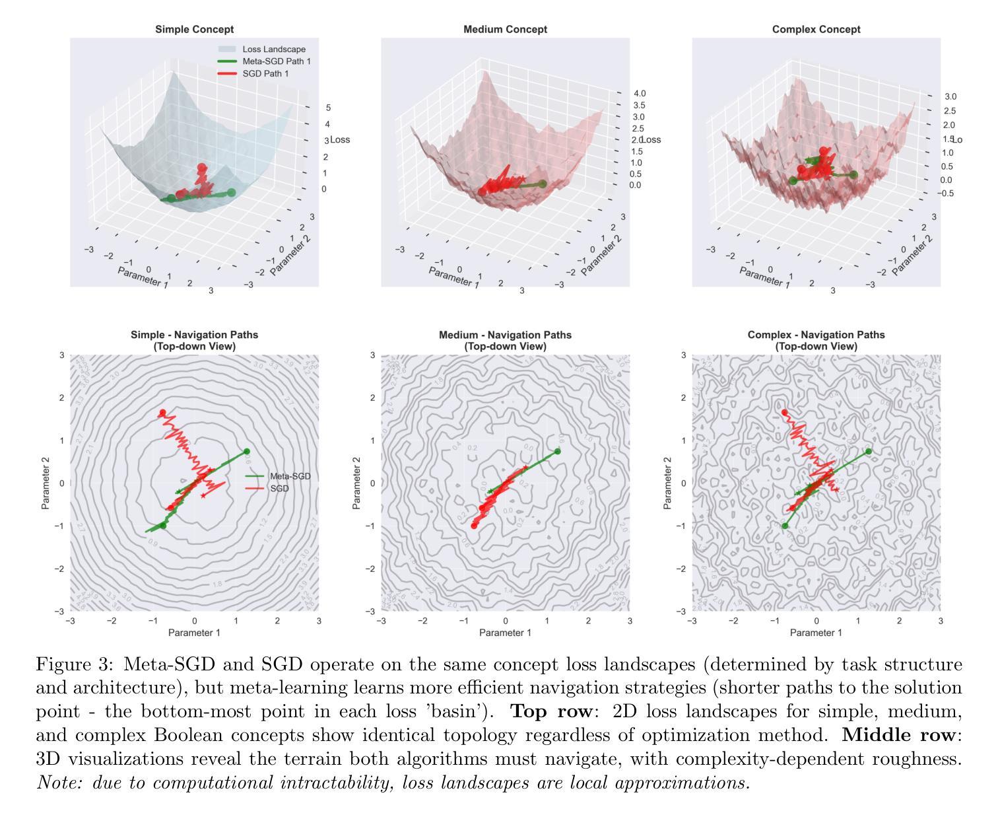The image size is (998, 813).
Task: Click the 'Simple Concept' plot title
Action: coord(194,30)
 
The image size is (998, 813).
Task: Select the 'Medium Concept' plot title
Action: coord(505,30)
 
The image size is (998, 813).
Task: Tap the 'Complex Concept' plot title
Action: coord(816,30)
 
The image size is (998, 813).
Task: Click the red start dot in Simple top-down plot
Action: coord(162,413)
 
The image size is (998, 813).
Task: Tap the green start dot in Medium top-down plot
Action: coord(558,452)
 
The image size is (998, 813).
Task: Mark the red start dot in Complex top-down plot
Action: coord(785,413)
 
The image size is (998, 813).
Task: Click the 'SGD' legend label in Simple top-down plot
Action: coord(279,489)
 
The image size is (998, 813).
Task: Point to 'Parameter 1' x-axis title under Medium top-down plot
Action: coord(505,633)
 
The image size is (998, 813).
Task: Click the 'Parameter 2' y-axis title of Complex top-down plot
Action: coord(667,483)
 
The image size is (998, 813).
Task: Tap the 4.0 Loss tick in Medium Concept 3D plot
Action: coord(638,94)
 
